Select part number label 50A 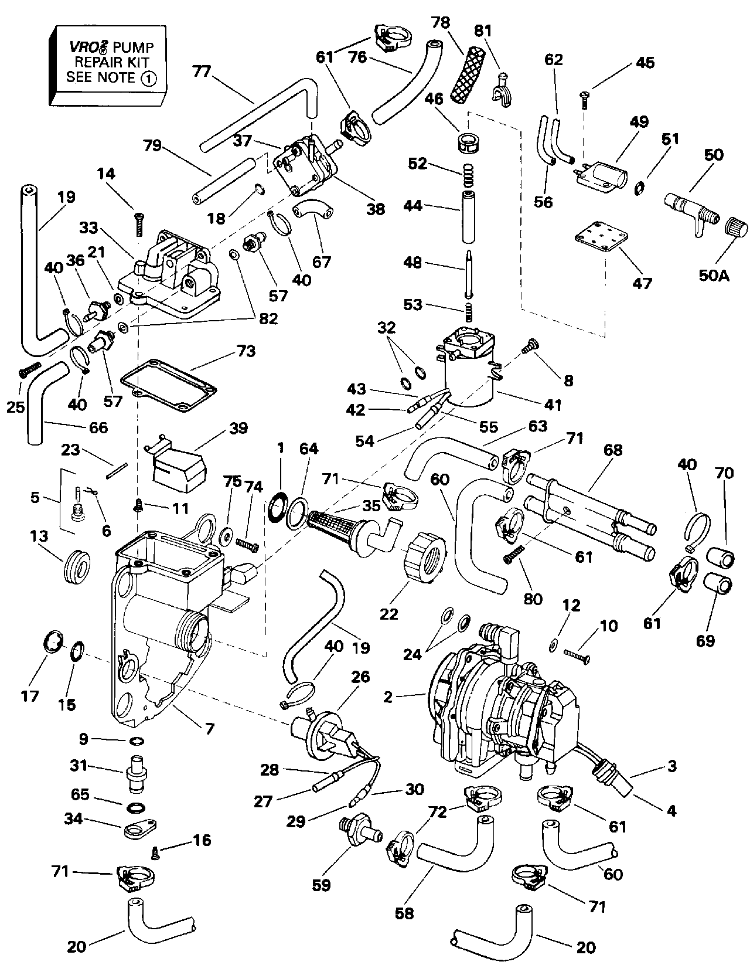pyautogui.click(x=714, y=274)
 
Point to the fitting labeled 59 pyautogui.click(x=356, y=834)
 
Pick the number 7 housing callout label pyautogui.click(x=209, y=729)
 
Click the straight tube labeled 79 pyautogui.click(x=223, y=179)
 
